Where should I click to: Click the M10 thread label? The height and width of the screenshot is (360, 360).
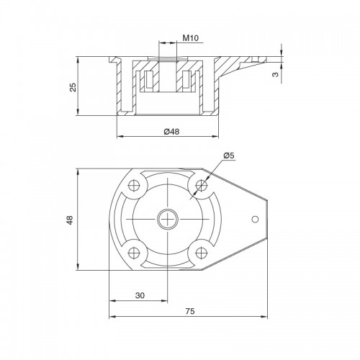tap(191, 38)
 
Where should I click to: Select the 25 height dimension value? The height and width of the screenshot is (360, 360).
tap(73, 87)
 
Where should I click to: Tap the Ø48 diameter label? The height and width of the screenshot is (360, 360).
tap(171, 132)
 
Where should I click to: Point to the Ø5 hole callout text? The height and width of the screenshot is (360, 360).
tap(229, 156)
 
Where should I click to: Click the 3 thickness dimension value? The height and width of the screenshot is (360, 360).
tap(276, 74)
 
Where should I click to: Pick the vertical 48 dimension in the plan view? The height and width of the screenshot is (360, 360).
tap(70, 220)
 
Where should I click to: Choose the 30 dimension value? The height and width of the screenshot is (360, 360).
tap(140, 295)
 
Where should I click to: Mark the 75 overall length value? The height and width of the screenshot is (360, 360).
tap(190, 311)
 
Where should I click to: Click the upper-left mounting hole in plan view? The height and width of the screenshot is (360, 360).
tap(134, 185)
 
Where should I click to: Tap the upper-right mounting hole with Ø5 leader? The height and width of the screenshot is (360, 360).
tap(202, 185)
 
